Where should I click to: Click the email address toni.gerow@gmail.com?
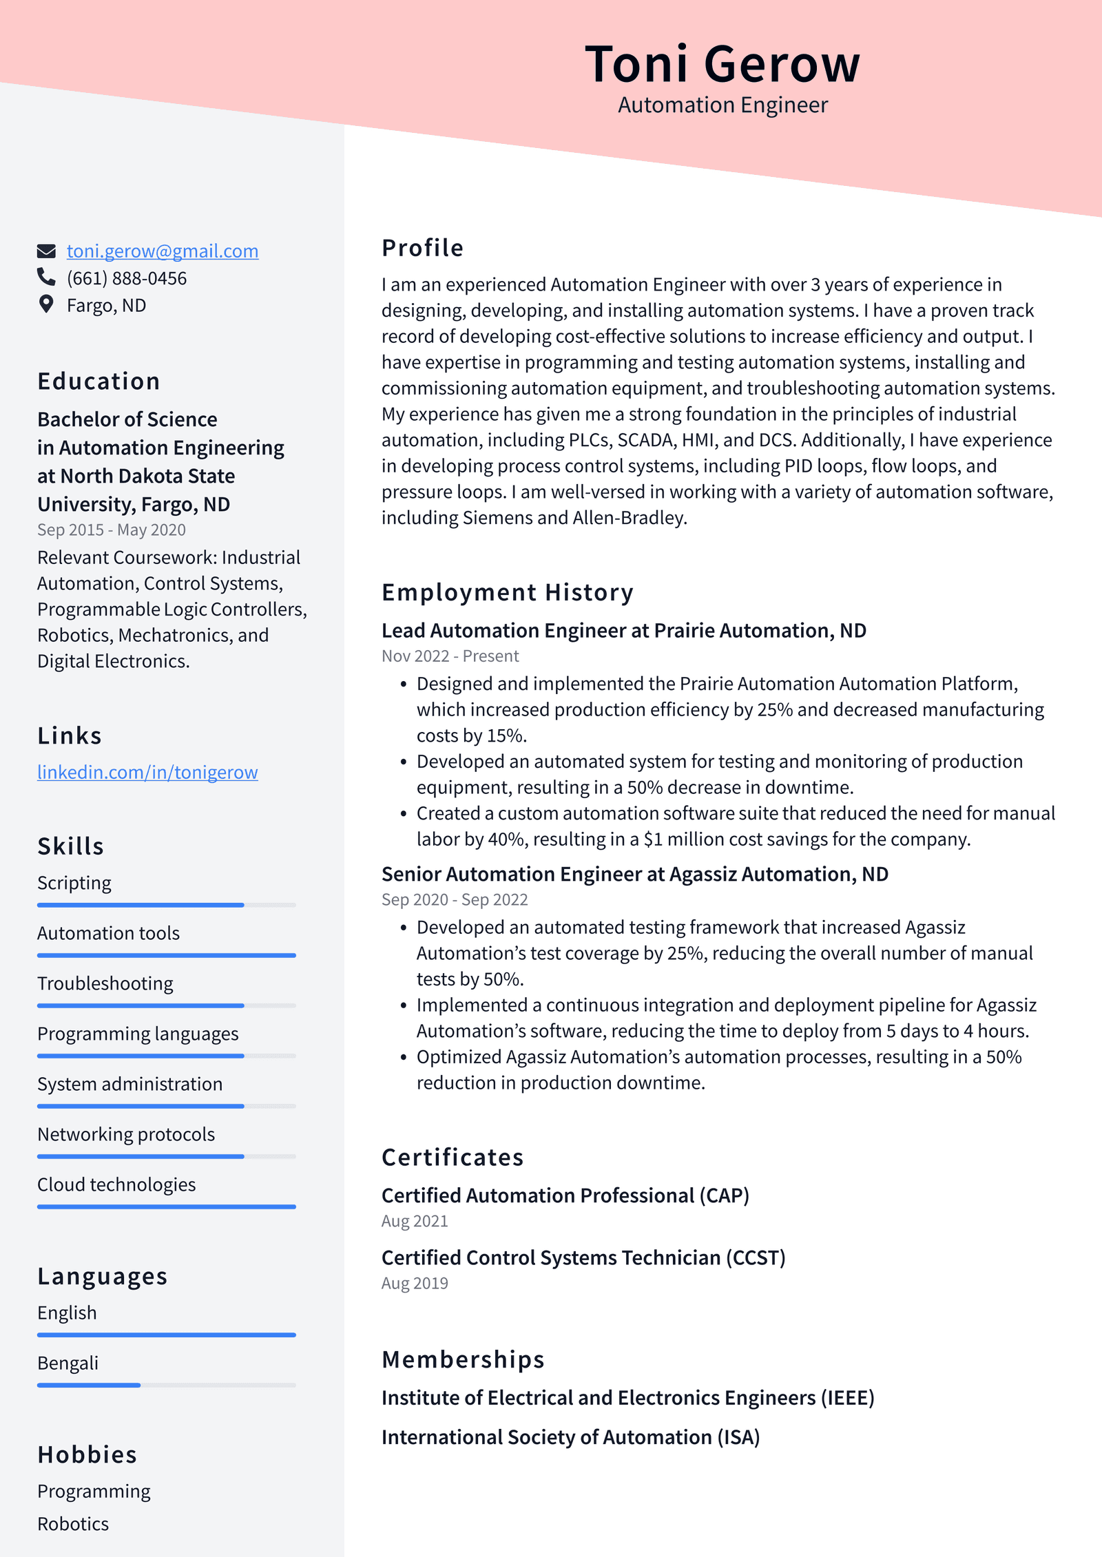pyautogui.click(x=162, y=251)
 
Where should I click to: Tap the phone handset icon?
pyautogui.click(x=46, y=277)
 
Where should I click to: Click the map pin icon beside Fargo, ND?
pyautogui.click(x=46, y=304)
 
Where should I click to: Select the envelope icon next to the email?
pyautogui.click(x=46, y=251)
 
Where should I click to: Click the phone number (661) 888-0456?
pyautogui.click(x=127, y=278)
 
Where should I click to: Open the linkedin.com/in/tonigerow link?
pyautogui.click(x=147, y=773)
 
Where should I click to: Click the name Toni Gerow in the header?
pyautogui.click(x=722, y=64)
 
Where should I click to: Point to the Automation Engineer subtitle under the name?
pyautogui.click(x=722, y=105)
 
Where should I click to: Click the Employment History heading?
pyautogui.click(x=507, y=592)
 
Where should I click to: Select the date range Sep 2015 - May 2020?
pyautogui.click(x=112, y=530)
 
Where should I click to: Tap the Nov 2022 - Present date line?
pyautogui.click(x=450, y=656)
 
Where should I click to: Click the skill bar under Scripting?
pyautogui.click(x=166, y=905)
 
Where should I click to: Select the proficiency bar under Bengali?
pyautogui.click(x=166, y=1385)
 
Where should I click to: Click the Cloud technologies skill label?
pyautogui.click(x=116, y=1184)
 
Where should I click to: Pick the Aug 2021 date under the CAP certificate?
pyautogui.click(x=415, y=1221)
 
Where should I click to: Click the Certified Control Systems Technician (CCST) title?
pyautogui.click(x=583, y=1258)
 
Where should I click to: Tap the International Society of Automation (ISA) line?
pyautogui.click(x=570, y=1438)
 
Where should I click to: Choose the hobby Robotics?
pyautogui.click(x=73, y=1524)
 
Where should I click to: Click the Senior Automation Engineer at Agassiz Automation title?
pyautogui.click(x=634, y=875)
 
